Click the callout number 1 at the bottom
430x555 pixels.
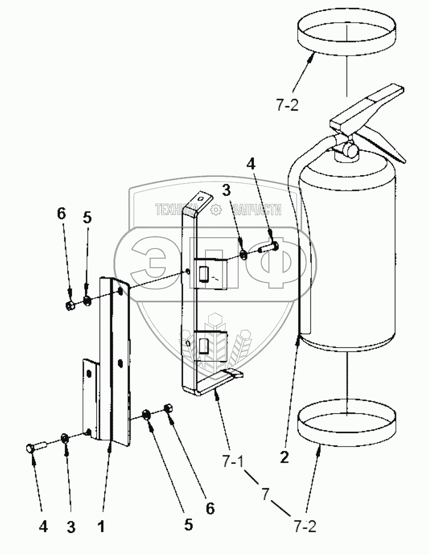[103, 525]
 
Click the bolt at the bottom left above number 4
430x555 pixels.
[35, 447]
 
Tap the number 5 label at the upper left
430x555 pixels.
[87, 217]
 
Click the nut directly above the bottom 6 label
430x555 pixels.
[169, 408]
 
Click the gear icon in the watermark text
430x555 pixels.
[215, 210]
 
